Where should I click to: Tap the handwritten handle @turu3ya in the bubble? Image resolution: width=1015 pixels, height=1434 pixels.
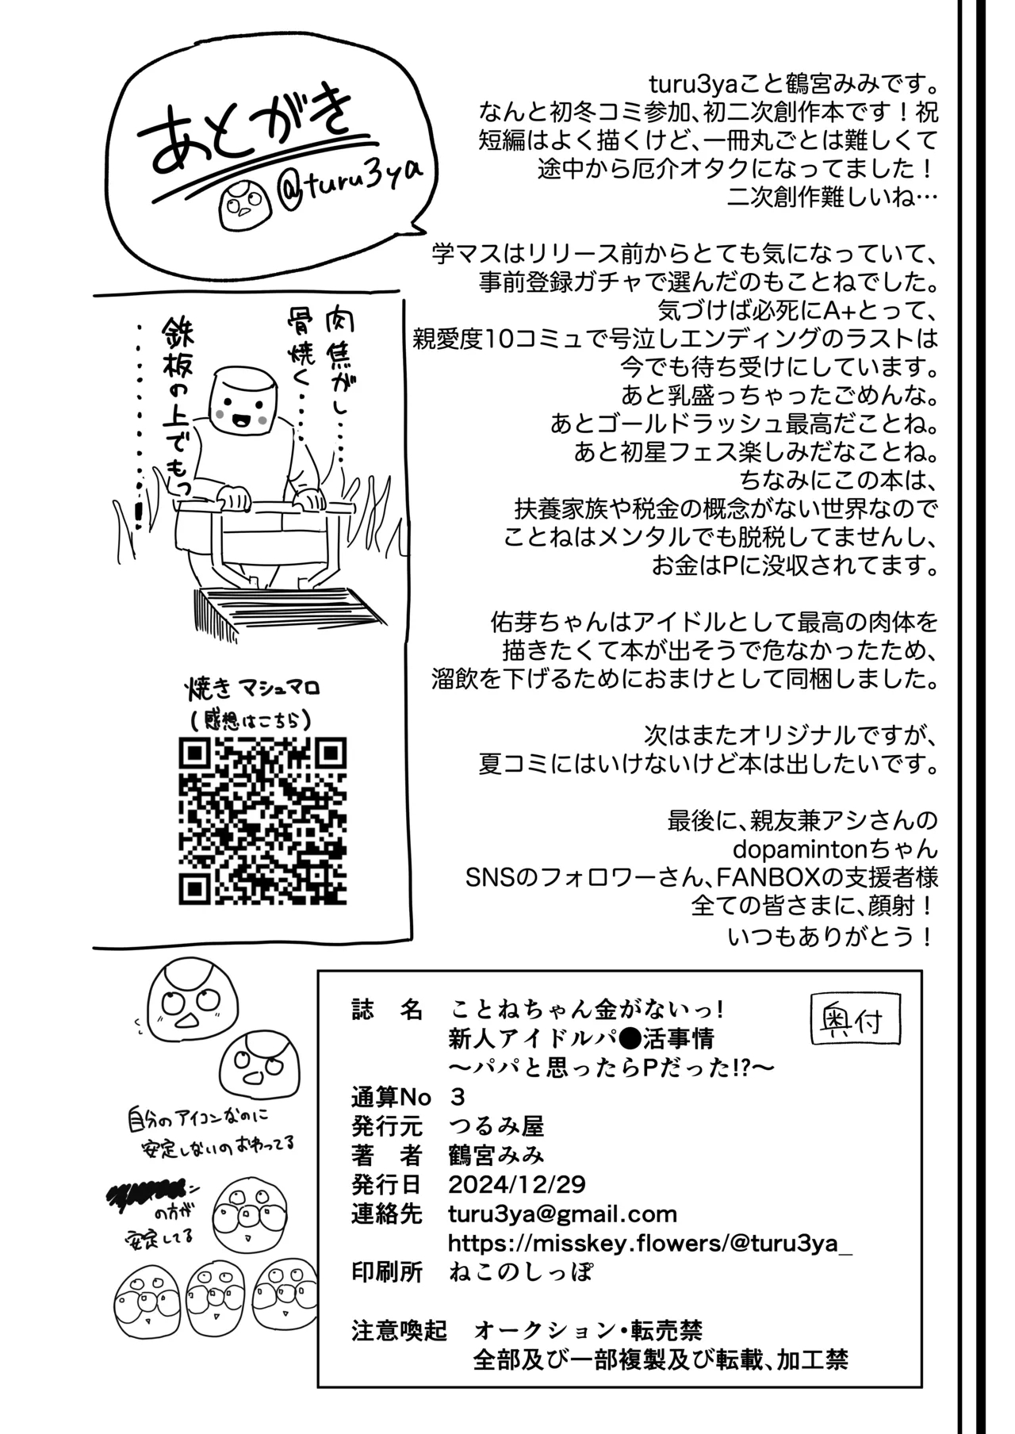(x=350, y=190)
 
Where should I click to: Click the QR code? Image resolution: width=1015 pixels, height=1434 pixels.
(x=262, y=821)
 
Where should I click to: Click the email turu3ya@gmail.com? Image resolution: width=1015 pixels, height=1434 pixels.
(x=562, y=1214)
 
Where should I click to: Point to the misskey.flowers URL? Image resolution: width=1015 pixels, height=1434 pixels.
(x=650, y=1243)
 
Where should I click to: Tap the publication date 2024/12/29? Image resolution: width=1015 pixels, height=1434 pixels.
(x=516, y=1184)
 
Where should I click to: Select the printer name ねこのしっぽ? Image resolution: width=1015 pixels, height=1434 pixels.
(x=520, y=1272)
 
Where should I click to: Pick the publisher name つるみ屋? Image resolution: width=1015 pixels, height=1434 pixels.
(x=496, y=1125)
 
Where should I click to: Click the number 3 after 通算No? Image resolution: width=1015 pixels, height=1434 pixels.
(x=457, y=1096)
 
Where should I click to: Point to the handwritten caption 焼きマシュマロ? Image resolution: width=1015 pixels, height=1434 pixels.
(x=252, y=687)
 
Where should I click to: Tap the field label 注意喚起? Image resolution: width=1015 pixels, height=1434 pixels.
(x=399, y=1330)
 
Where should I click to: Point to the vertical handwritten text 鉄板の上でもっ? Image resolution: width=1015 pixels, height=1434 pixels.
(x=181, y=408)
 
